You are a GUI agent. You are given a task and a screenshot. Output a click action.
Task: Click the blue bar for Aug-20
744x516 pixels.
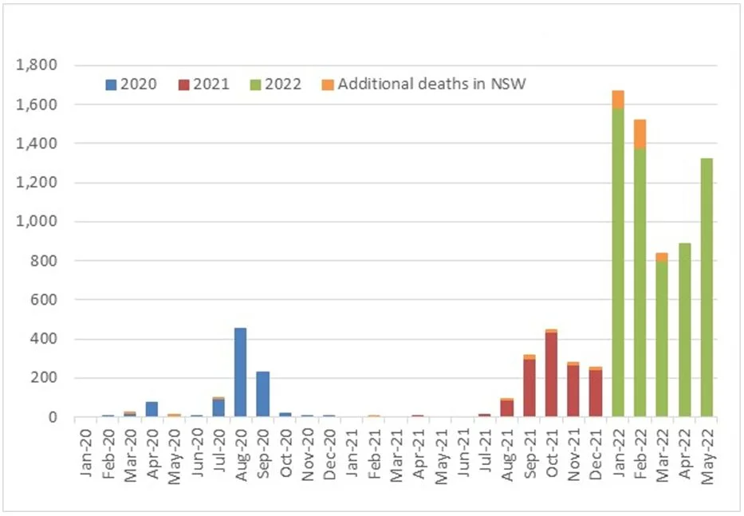pos(240,372)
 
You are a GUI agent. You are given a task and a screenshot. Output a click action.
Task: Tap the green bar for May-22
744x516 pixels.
pos(706,287)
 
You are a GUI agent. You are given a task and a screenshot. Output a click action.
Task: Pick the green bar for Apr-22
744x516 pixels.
pos(683,329)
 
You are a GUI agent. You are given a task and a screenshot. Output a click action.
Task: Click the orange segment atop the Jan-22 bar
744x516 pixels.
pos(617,99)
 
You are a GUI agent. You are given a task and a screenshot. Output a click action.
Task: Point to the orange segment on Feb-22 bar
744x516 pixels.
pos(640,133)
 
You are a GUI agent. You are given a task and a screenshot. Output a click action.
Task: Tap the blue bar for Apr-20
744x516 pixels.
pos(152,409)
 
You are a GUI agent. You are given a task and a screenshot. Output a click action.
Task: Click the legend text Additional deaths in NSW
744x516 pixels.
pos(431,84)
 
